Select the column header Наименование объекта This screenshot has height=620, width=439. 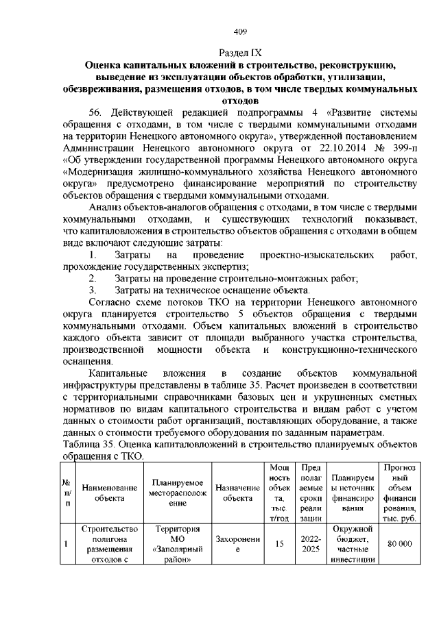coord(109,493)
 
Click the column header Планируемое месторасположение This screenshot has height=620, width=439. coord(178,493)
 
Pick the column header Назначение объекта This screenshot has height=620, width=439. coord(237,493)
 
